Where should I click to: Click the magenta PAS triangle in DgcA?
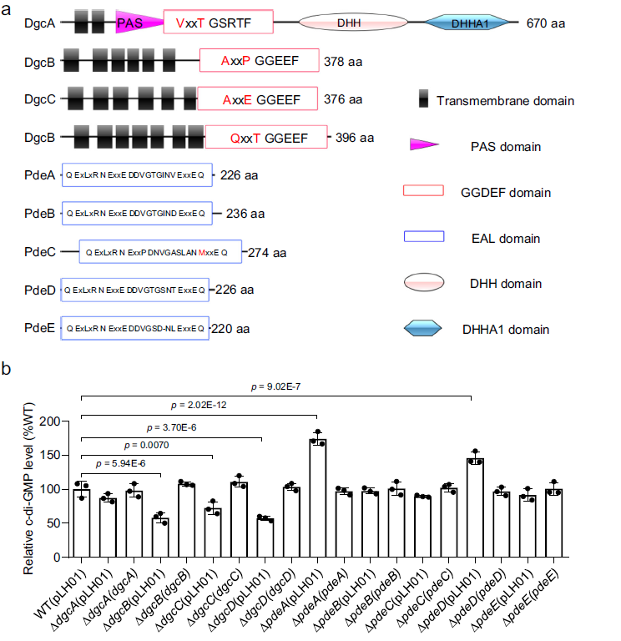(134, 23)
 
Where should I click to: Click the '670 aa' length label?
(546, 23)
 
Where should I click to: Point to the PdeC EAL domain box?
(160, 252)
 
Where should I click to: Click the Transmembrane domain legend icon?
(426, 100)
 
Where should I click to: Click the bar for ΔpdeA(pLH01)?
(316, 497)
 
